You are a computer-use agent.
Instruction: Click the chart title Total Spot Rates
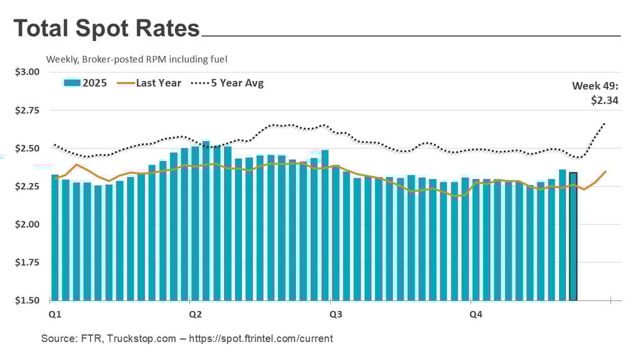coord(107,29)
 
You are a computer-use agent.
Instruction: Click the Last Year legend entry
coord(158,83)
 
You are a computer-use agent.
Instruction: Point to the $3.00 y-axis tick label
coord(27,72)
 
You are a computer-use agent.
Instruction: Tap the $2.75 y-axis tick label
coord(27,110)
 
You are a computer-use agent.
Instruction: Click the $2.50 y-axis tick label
coord(27,148)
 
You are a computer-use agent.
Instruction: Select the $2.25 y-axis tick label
coord(27,187)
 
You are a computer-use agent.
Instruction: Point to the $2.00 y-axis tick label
coord(27,225)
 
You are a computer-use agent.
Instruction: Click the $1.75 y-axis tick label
coord(27,262)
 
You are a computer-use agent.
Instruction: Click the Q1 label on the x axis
coord(56,314)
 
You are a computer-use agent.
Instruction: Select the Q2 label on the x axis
coord(195,314)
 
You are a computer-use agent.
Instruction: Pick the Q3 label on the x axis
coord(335,314)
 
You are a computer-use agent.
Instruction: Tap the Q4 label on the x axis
coord(475,314)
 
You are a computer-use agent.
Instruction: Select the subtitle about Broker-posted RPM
coord(137,59)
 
